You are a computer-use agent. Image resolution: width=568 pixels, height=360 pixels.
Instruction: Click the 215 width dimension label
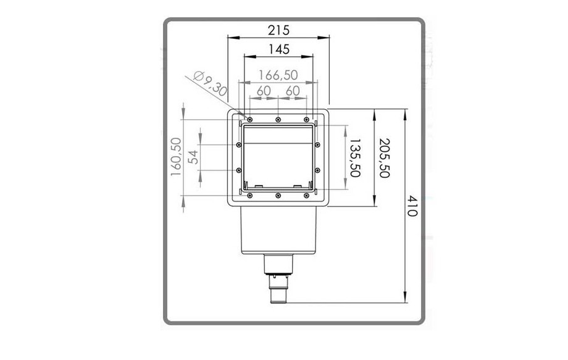coord(278,30)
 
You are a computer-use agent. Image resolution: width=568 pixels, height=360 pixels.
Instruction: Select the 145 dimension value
coord(279,49)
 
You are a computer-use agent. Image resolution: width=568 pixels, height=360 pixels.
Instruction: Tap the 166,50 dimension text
coord(278,75)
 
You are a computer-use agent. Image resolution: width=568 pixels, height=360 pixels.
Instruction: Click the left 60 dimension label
coord(264,91)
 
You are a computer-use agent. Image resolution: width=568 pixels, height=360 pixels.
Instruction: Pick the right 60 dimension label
coord(293,91)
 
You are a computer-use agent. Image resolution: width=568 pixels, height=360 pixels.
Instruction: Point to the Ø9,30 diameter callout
coord(210,83)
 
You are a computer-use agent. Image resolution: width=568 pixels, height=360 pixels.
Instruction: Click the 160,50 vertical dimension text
coord(176,157)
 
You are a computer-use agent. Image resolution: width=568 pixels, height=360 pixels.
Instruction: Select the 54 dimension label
coord(194,157)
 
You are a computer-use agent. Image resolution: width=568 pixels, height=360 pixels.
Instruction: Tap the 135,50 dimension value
coord(354,157)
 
